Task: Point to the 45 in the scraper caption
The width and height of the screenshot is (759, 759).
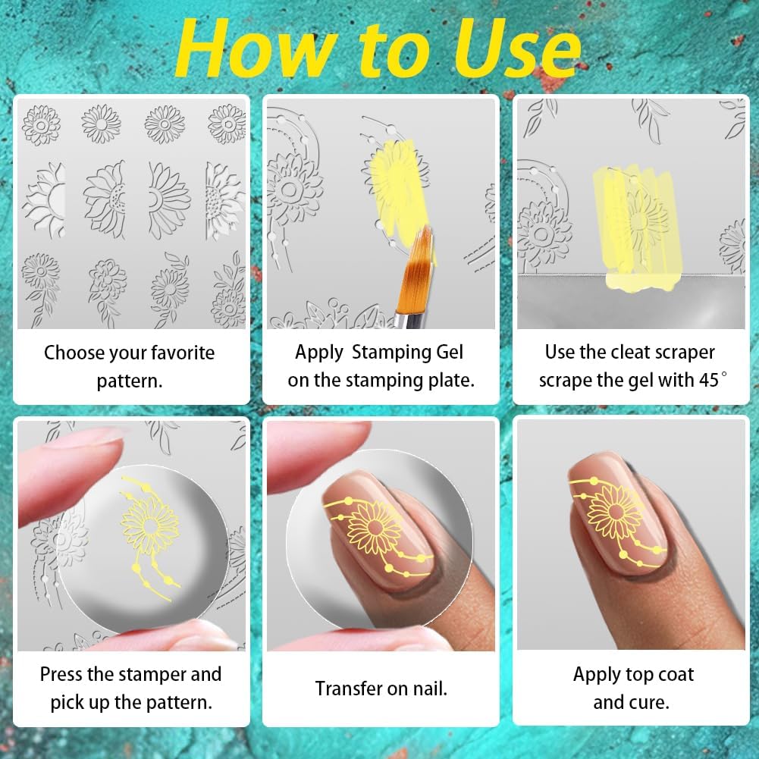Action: click(x=707, y=380)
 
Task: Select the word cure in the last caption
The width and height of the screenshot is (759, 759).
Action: click(x=651, y=702)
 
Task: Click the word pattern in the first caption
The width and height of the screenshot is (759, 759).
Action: click(x=130, y=380)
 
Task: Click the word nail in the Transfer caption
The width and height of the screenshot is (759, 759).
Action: click(x=428, y=688)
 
